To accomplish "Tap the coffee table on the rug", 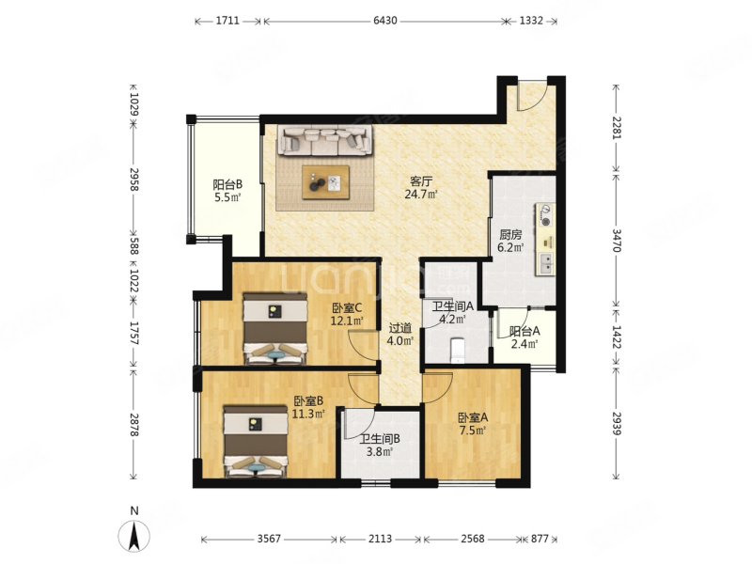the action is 325,182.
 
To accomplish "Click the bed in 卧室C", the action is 274,329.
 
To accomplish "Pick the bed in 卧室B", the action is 256,442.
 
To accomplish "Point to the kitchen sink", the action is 546,262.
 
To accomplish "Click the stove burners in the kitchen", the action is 545,215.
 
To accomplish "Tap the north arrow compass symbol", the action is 134,532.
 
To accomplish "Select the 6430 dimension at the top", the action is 385,21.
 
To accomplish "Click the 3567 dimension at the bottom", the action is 269,539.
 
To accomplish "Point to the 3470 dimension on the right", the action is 617,241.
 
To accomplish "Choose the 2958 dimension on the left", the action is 134,180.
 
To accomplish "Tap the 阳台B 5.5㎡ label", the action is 227,191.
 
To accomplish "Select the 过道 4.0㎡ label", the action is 400,335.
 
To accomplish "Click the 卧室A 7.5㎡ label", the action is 473,424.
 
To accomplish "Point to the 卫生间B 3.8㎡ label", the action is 381,445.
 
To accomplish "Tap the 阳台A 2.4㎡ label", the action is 525,337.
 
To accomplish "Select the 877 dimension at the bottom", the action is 540,539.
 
